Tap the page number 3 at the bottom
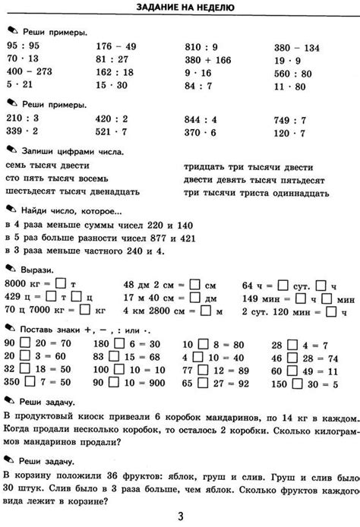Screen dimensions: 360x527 coord(180,516)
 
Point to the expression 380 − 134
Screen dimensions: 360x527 coord(297,46)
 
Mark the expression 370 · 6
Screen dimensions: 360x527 coord(201,132)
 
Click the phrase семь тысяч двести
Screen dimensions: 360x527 coord(47,166)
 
